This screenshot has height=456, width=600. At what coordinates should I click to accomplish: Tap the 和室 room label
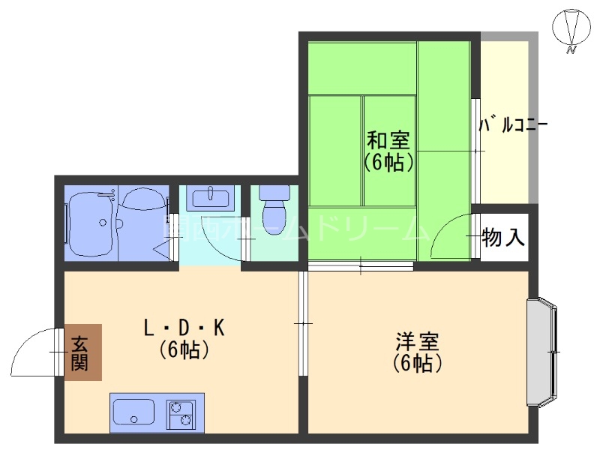(388, 140)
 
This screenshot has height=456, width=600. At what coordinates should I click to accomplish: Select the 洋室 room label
(417, 342)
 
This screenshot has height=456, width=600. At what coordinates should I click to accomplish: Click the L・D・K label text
(184, 328)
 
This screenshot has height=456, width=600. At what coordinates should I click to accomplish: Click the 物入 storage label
(502, 238)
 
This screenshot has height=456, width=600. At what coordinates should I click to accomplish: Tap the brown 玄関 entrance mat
(82, 352)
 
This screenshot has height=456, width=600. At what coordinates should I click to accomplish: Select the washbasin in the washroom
(211, 199)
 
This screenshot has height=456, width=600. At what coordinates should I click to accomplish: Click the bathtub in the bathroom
(91, 223)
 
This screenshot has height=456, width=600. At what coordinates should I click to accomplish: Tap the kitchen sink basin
(133, 412)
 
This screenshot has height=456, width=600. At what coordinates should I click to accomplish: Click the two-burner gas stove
(180, 412)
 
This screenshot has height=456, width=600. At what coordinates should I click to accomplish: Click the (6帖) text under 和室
(388, 161)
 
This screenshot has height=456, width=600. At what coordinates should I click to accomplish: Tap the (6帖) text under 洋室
(417, 364)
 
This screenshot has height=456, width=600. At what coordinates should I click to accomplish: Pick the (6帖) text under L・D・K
(184, 349)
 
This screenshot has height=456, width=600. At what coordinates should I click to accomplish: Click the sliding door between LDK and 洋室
(302, 323)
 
